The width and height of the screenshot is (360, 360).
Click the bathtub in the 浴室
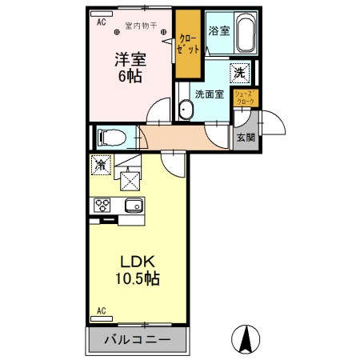pos(246,33)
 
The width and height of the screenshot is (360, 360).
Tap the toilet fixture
pos(112,138)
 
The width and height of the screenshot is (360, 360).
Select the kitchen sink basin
pos(134,206)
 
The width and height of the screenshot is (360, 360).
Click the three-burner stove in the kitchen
pos(102,206)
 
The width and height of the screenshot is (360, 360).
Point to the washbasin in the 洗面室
pos(186,110)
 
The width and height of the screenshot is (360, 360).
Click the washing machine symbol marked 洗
pos(240,73)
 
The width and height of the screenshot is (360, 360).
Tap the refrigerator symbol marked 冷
pos(101,165)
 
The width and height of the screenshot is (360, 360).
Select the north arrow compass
pos(246,339)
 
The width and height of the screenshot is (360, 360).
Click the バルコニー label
pos(137,340)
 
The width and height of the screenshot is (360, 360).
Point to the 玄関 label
pos(246,138)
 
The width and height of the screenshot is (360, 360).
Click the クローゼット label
pos(188,44)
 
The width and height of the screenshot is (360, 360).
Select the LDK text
pos(138,262)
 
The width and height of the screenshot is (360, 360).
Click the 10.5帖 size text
pos(138,278)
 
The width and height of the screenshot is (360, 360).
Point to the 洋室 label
pos(130,59)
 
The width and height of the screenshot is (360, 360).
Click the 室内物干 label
pos(141,26)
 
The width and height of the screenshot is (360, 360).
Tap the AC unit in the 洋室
pos(102,14)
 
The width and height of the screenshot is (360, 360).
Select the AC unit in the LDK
pos(102,318)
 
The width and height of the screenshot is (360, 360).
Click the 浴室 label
pos(219,30)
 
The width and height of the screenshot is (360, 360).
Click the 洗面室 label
pos(210,94)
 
